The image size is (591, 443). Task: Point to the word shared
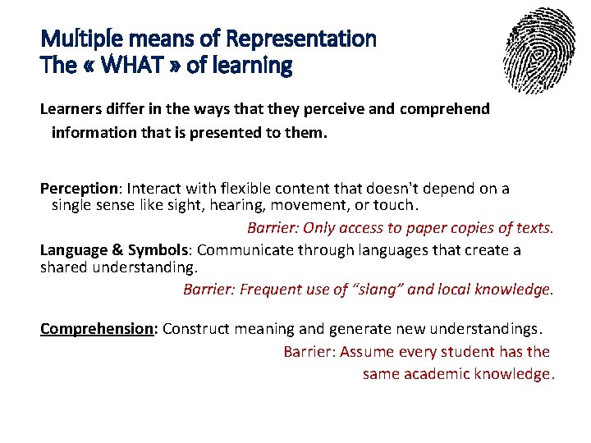click(66, 267)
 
